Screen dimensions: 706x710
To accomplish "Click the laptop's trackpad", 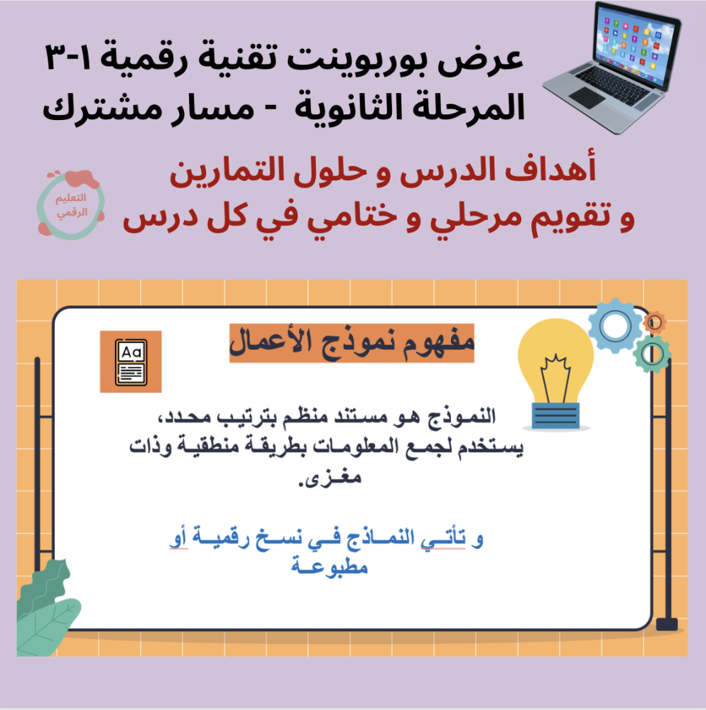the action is [587, 97].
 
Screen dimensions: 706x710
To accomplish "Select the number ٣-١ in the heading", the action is [69, 58].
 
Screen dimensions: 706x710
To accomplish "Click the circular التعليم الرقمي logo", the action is [70, 204].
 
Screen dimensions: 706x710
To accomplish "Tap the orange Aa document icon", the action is [131, 362].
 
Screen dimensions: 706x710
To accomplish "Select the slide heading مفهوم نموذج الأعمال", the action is [352, 343].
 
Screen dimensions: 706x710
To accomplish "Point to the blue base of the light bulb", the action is [555, 415].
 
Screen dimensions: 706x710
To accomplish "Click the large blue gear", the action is [615, 326].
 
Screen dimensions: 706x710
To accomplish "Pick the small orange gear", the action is [654, 322].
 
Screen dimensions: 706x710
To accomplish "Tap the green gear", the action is [652, 354].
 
